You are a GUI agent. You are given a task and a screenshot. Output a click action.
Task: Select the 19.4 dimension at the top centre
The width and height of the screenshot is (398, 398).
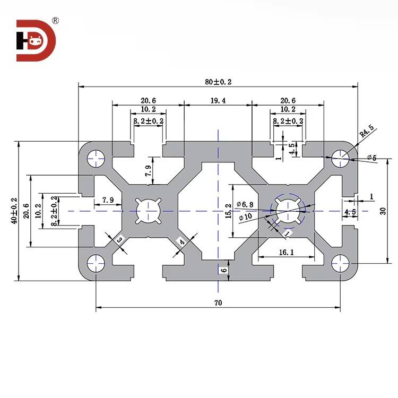[x=217, y=100]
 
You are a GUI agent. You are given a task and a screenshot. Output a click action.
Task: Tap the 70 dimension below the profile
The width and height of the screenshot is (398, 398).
[x=218, y=302]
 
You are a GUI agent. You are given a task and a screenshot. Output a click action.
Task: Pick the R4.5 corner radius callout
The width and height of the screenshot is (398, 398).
[x=367, y=131]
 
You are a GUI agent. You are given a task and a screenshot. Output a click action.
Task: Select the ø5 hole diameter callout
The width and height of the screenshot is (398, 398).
[x=371, y=158]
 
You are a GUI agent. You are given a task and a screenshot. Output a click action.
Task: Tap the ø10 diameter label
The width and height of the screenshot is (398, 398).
[x=246, y=217]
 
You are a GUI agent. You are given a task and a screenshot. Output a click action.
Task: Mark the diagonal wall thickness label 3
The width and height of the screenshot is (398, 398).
[x=119, y=240]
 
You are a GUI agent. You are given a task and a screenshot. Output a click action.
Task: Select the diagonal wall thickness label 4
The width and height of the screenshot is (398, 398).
[x=182, y=243]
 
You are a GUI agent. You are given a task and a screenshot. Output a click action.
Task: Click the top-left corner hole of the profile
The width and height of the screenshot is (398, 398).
[x=96, y=157]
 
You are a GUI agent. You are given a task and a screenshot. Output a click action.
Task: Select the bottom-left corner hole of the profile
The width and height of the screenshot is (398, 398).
[x=96, y=262]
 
